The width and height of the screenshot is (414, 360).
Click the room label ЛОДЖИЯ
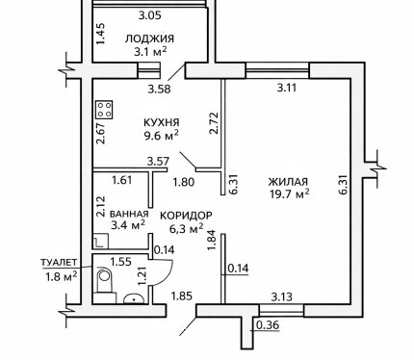(149, 39)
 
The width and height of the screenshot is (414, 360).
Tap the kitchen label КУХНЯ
(162, 122)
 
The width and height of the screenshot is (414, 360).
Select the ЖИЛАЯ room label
(288, 182)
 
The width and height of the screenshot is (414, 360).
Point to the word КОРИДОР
(186, 216)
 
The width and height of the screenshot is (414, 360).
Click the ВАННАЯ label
(129, 214)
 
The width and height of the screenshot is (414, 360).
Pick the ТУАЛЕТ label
(59, 262)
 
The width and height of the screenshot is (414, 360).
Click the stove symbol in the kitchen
(104, 110)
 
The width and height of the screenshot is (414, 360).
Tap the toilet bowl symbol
(104, 279)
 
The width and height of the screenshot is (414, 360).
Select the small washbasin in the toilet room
(134, 298)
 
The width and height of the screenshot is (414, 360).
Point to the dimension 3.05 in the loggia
(149, 15)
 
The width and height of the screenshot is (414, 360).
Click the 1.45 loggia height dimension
(101, 34)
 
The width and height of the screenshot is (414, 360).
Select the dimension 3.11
(287, 88)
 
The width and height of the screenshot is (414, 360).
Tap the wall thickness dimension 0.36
(269, 325)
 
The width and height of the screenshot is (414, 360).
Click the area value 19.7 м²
(290, 193)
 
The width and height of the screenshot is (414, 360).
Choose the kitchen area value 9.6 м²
(161, 136)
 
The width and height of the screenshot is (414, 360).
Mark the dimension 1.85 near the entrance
(182, 296)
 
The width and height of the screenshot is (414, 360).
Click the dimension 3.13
(282, 296)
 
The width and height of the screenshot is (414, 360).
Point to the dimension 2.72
(214, 122)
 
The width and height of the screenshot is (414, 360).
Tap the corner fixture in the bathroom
(101, 241)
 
